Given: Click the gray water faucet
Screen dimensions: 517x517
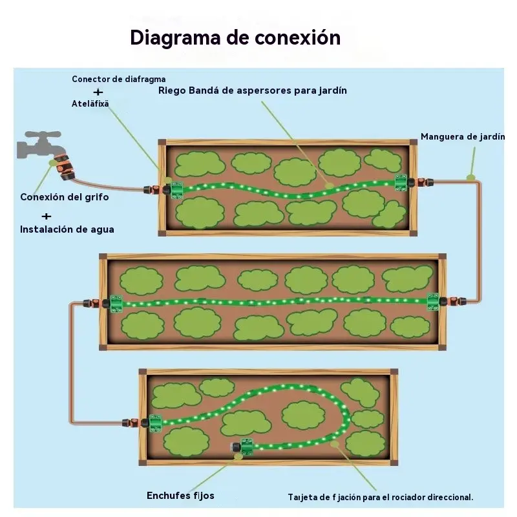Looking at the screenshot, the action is tap(39, 144).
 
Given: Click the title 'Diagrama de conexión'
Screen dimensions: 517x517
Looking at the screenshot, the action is tap(235, 37).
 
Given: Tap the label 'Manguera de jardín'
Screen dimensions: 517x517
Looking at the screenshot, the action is tap(463, 137).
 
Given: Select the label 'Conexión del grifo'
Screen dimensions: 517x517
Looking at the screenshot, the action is tap(65, 197).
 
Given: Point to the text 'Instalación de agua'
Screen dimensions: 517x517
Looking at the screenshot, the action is tap(67, 229).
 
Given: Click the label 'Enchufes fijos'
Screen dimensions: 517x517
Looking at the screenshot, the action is tap(180, 496).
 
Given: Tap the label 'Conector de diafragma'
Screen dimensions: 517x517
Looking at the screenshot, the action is tap(119, 79).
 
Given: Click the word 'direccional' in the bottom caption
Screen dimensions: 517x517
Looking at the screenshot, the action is tap(450, 497).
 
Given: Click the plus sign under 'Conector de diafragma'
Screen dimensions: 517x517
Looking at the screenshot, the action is tap(98, 92).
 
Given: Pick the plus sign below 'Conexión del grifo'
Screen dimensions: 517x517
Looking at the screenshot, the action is tap(47, 216).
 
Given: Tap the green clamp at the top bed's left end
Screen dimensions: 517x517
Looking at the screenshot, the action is tap(176, 190).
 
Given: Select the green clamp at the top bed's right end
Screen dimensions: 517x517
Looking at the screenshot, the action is tap(401, 182).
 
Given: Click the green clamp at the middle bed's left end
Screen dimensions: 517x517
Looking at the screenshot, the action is tap(116, 304).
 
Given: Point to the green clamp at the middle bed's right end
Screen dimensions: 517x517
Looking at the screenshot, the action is tap(433, 301).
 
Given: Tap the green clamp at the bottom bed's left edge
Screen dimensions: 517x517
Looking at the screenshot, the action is tap(155, 423).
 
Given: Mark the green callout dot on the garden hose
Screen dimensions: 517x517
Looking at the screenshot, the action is tap(471, 178).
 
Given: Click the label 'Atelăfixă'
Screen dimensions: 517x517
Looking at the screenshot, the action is tap(90, 103).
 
